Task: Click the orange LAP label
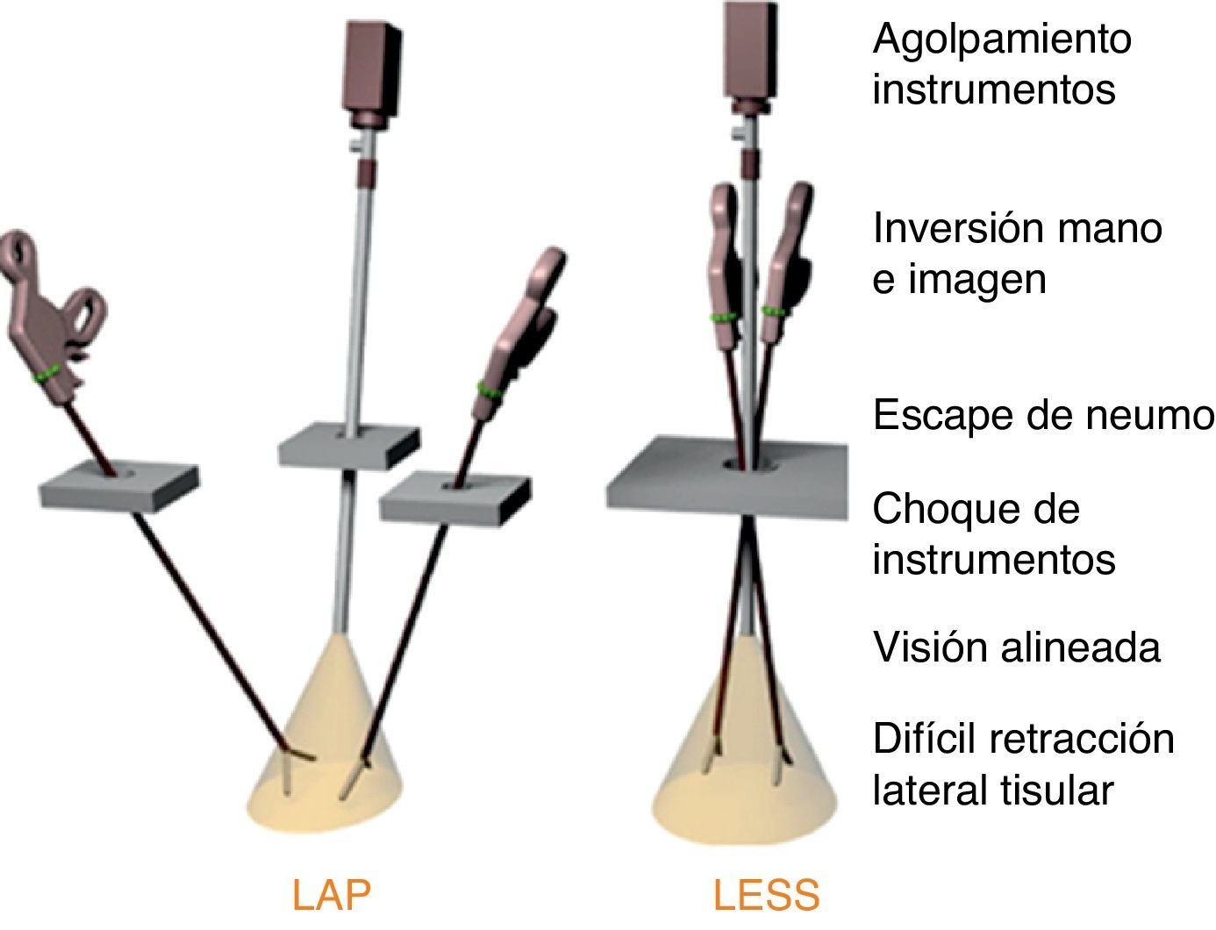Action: point(332,896)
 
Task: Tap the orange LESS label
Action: point(766,896)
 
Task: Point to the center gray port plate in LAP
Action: point(348,445)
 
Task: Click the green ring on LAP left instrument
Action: point(49,374)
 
